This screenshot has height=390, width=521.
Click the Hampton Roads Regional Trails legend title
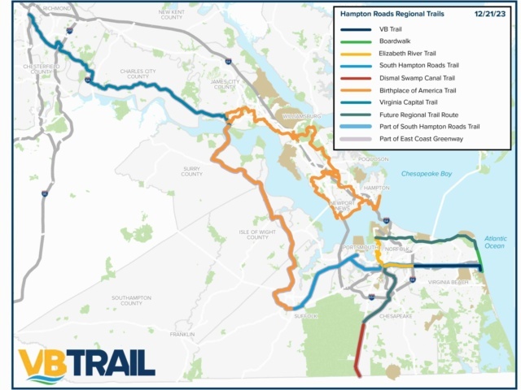(387, 14)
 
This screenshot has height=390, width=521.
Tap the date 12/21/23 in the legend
(493, 14)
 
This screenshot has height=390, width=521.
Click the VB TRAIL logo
(86, 364)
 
